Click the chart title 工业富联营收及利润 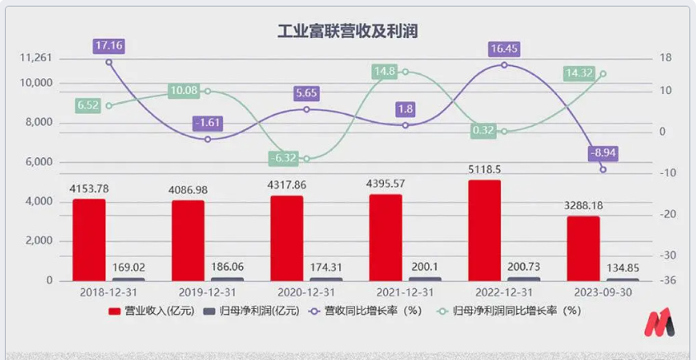347,32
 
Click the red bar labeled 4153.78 89,240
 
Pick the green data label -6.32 287,157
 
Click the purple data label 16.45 504,49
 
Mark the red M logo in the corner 661,324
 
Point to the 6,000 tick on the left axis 39,162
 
